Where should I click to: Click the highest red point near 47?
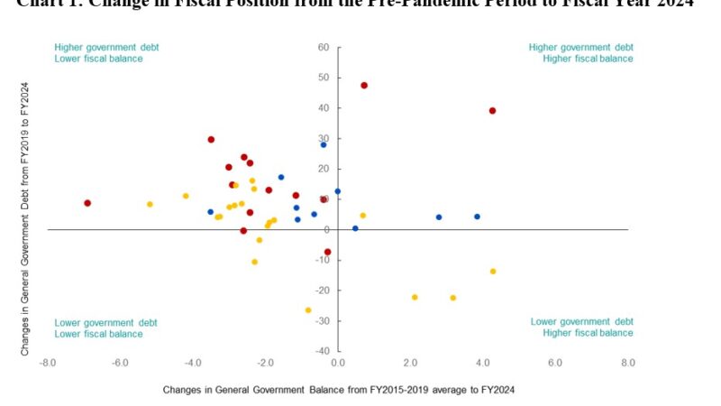click(x=364, y=86)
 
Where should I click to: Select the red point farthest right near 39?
click(x=492, y=111)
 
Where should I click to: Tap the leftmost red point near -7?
click(x=87, y=203)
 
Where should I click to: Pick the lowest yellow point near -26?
click(x=308, y=310)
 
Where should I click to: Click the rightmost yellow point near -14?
click(x=493, y=272)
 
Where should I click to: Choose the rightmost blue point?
click(x=477, y=217)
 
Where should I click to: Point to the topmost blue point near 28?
click(x=324, y=144)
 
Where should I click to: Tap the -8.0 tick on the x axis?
click(x=48, y=363)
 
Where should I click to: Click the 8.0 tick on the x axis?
click(x=628, y=363)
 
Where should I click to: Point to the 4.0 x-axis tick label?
click(x=483, y=363)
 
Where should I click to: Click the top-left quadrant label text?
click(x=98, y=52)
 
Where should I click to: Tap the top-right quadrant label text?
click(x=580, y=52)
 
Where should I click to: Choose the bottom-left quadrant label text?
click(x=98, y=328)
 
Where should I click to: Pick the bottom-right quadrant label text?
click(x=581, y=328)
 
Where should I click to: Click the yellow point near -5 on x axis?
click(x=150, y=204)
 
